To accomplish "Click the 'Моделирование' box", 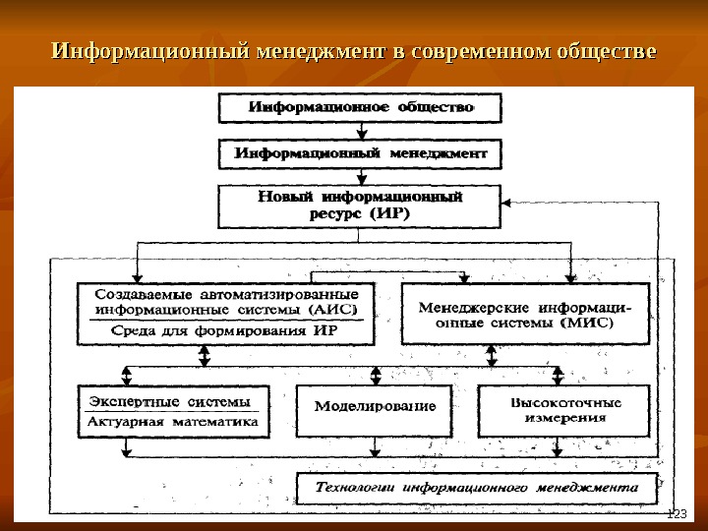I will coord(374,405).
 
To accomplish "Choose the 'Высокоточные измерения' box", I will coord(564,410).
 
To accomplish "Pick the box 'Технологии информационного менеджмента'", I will coord(475,487).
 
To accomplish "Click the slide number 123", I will coord(676,513).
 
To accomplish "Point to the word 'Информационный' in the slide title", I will coord(150,49).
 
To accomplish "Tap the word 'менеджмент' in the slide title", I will coord(321,49).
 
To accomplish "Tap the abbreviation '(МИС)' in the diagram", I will coord(587,322).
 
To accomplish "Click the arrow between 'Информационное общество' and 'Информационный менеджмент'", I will coord(362,130).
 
